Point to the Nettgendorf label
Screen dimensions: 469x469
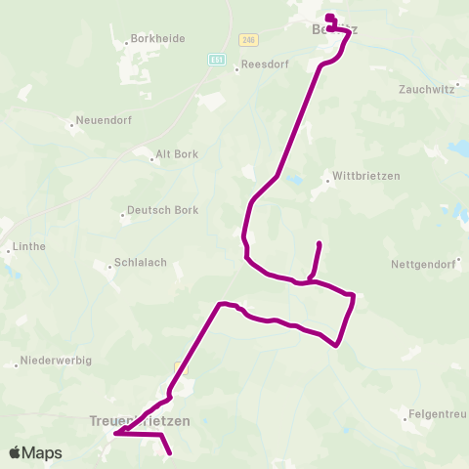click(x=422, y=265)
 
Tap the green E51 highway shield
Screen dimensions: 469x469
click(x=216, y=60)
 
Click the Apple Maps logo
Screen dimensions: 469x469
click(x=35, y=452)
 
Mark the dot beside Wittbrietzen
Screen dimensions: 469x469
click(x=327, y=180)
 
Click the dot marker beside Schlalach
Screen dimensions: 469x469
click(x=109, y=264)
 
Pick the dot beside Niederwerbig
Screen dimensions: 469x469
click(x=18, y=366)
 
